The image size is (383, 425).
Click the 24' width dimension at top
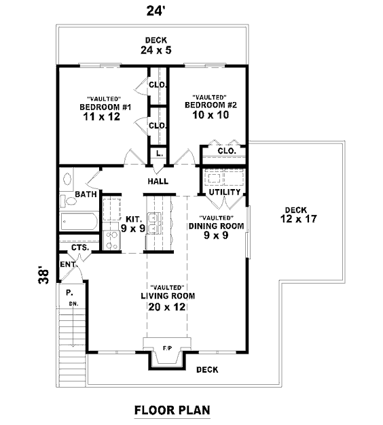(156, 12)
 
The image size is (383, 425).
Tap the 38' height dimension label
(44, 276)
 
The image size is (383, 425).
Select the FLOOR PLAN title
(172, 410)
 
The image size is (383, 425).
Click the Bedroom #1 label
(105, 107)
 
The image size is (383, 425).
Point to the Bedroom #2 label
(211, 105)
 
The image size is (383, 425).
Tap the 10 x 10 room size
(211, 115)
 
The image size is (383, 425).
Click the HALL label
(158, 182)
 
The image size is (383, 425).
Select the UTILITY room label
(225, 192)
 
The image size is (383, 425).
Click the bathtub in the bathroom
(79, 222)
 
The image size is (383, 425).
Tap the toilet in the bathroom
(68, 201)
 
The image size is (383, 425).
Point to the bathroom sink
(67, 179)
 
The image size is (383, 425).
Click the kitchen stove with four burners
(112, 241)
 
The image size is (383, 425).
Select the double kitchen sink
(153, 224)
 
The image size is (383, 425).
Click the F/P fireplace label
(167, 348)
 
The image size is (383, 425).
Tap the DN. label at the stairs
(73, 304)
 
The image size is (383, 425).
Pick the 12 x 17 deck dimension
(298, 219)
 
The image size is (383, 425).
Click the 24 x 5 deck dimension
(156, 50)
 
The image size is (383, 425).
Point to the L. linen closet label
(160, 154)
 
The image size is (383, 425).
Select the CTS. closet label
(80, 248)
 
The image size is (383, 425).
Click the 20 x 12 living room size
(167, 307)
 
